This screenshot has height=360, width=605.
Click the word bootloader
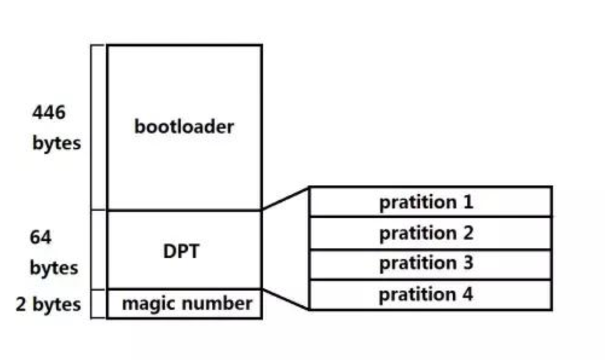pos(184,127)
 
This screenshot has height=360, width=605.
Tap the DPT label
pos(181,251)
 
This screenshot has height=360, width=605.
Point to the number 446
pos(49,113)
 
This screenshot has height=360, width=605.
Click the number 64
pos(40,237)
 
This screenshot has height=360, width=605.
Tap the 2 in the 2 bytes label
pos(21,304)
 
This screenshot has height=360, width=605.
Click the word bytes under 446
pos(57,143)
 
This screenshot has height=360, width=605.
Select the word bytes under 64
pos(54,268)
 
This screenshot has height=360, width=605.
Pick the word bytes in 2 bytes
pos(57,304)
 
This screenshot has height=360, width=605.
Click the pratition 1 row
pos(431,202)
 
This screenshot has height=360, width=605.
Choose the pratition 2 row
pos(431,233)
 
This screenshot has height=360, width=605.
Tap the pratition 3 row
pos(431,264)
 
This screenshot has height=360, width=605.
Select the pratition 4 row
pos(431,295)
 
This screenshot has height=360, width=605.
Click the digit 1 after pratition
pos(468,202)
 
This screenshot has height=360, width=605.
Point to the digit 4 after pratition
pos(468,294)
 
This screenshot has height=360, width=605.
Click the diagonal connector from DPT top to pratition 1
pos(286,199)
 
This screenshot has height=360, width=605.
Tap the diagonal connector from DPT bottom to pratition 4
pos(286,299)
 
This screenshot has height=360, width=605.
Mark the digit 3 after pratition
pos(468,263)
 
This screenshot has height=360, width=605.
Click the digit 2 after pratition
pos(468,232)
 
